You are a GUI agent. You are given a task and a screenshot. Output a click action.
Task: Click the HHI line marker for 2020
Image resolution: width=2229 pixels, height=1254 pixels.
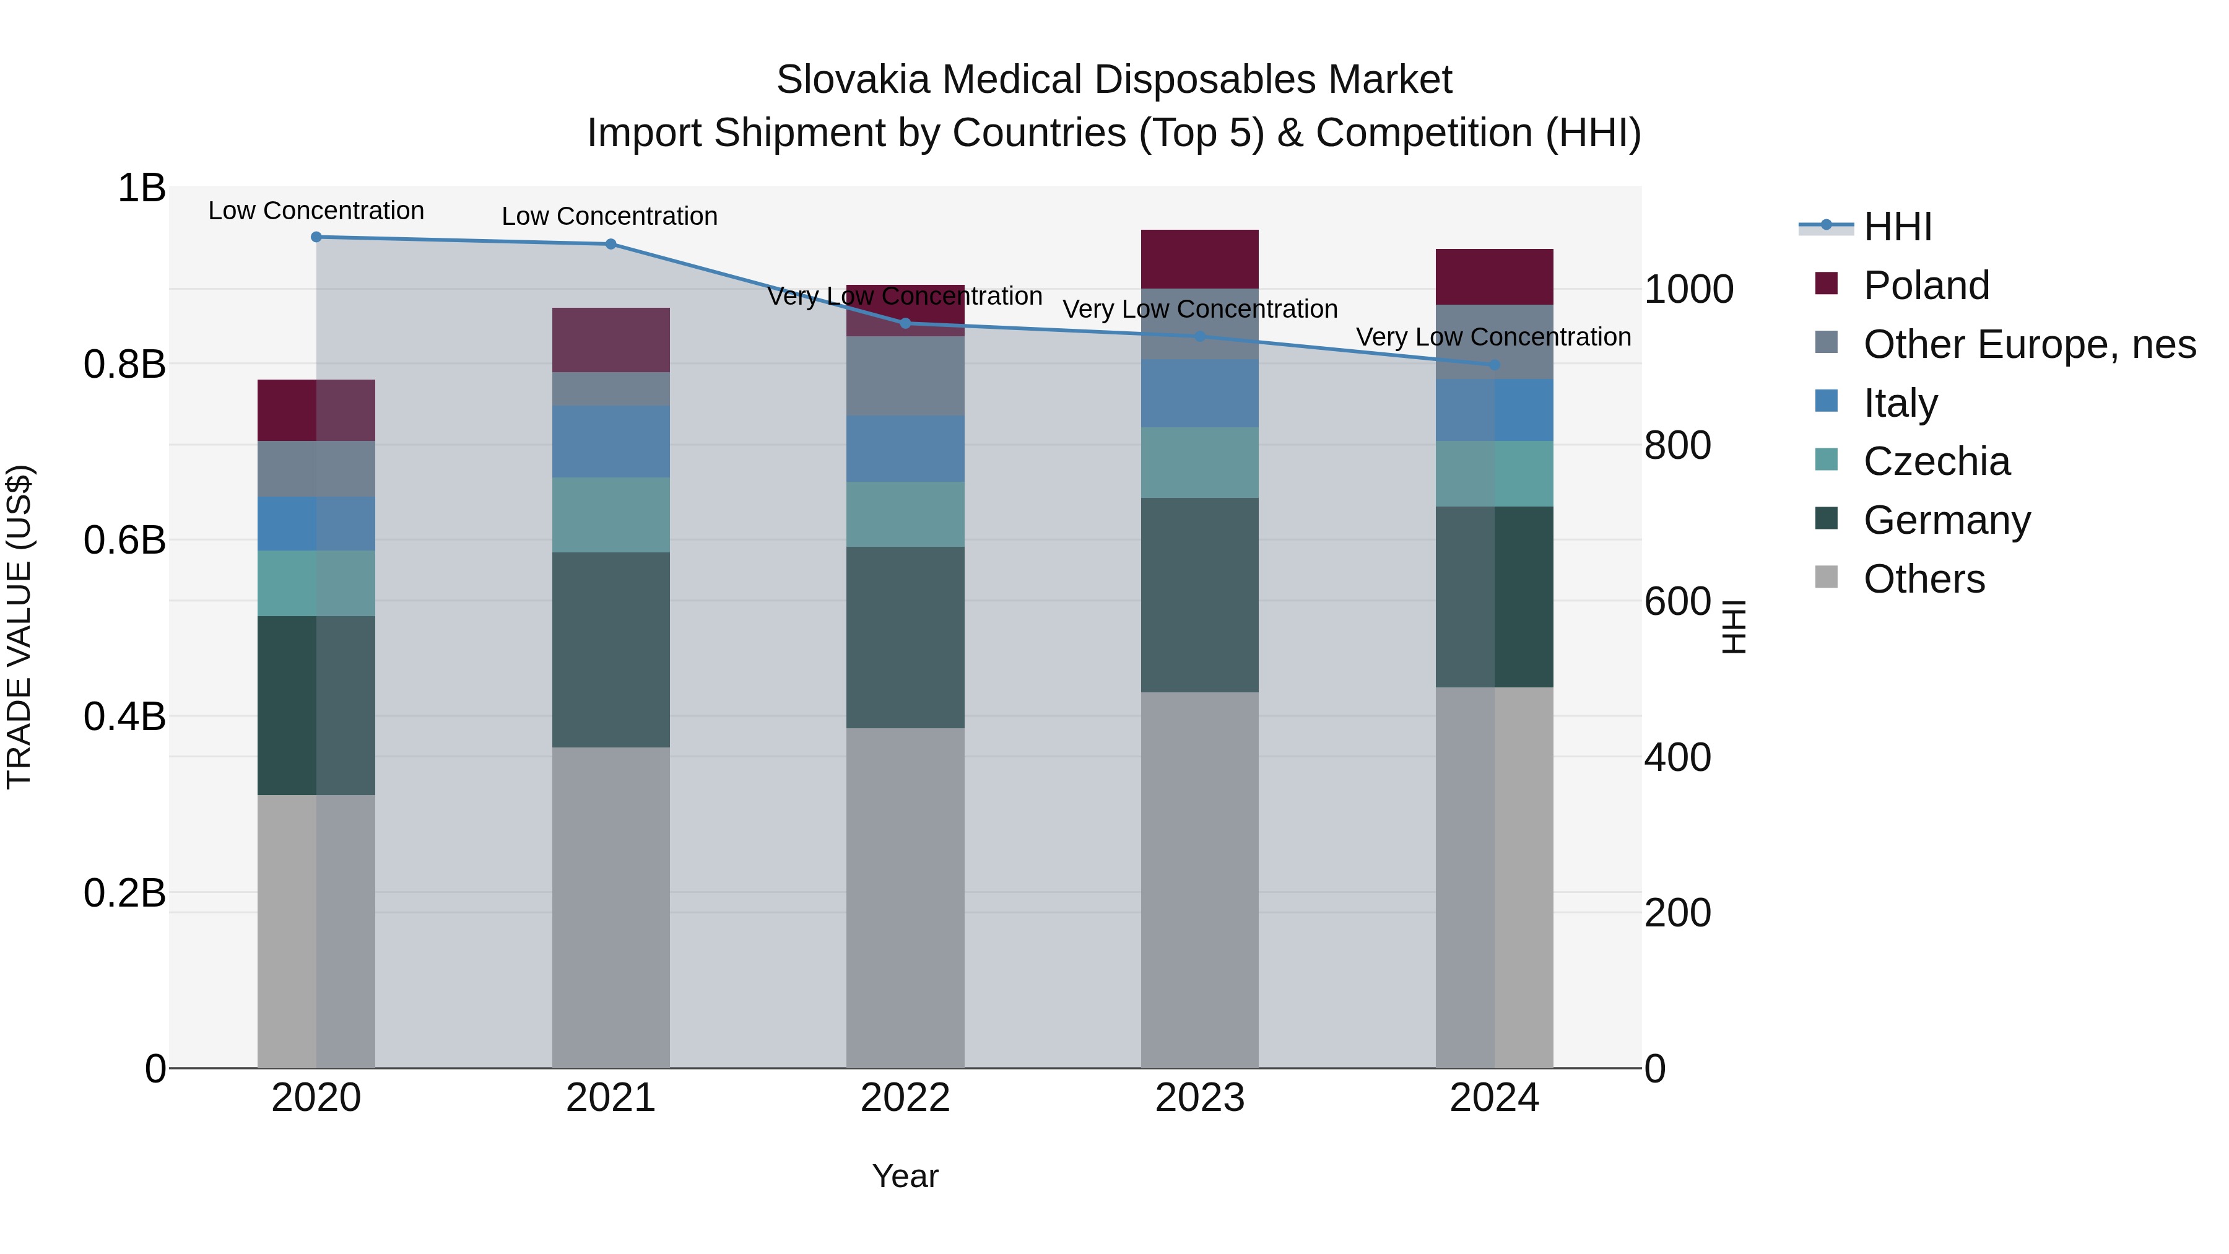tap(316, 237)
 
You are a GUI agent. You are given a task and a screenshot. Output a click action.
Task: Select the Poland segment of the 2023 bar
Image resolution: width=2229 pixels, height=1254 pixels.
tap(1199, 259)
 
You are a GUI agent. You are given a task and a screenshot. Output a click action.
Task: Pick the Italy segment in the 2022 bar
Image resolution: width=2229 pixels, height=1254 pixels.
tap(905, 448)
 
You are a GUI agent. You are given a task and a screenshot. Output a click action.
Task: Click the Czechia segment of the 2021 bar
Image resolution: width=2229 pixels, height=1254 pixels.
tap(611, 515)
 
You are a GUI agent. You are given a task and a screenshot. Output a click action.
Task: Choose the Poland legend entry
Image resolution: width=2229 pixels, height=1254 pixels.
tap(1926, 285)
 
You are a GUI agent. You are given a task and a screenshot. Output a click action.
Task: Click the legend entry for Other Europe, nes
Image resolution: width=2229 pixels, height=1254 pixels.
tap(2028, 344)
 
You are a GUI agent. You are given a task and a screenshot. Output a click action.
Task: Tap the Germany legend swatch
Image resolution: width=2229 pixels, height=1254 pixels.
tap(1826, 520)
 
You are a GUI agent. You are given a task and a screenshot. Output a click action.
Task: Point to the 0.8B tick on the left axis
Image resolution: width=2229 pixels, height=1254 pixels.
tap(124, 364)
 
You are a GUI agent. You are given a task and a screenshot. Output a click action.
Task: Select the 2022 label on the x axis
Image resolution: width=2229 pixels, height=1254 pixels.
tap(905, 1098)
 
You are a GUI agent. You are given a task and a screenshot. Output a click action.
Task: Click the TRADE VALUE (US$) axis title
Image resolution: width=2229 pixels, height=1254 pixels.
tap(19, 627)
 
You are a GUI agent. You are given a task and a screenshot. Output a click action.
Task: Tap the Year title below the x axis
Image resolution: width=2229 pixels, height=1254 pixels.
tap(905, 1176)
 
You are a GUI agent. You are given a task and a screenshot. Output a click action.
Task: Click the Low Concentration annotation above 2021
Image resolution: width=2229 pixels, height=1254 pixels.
tap(609, 216)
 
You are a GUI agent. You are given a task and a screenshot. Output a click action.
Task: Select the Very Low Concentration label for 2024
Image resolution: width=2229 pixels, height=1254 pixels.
tap(1493, 337)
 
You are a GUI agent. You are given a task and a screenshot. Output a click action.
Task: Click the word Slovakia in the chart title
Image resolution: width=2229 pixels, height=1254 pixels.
tap(853, 80)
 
